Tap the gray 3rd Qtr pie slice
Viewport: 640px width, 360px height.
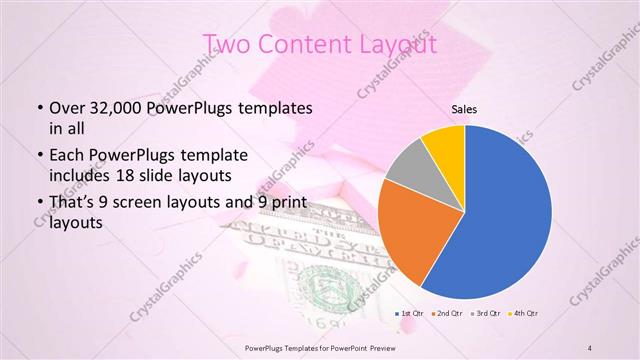point(408,170)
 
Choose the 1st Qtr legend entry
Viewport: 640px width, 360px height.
point(413,314)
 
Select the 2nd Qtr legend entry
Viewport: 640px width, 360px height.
point(449,314)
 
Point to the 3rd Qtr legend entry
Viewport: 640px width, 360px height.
point(486,314)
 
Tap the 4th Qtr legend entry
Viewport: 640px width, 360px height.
point(524,314)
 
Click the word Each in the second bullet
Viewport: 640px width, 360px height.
point(67,157)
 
